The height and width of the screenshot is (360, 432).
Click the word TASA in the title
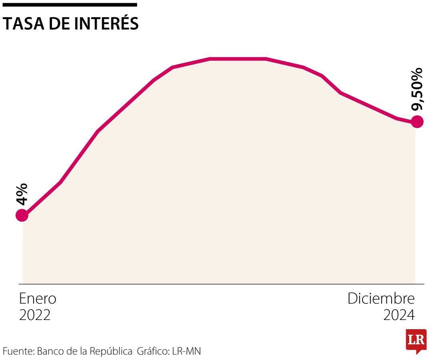[x=23, y=24]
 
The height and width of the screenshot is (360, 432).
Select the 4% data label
[x=22, y=194]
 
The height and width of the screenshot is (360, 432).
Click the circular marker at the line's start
[x=22, y=216]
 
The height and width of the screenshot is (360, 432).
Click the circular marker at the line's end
[x=417, y=121]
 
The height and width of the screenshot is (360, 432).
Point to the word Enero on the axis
[x=38, y=299]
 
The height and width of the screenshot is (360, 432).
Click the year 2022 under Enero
[x=35, y=315]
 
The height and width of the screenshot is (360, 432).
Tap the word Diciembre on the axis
[x=381, y=299]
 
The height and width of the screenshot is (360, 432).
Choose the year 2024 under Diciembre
[x=399, y=315]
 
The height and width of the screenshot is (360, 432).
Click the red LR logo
[x=416, y=340]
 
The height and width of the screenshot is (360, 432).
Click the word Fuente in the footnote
[x=18, y=352]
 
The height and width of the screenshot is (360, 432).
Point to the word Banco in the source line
[x=50, y=352]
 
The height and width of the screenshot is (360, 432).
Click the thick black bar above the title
[x=70, y=5]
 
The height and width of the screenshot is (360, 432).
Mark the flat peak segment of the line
[x=238, y=59]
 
